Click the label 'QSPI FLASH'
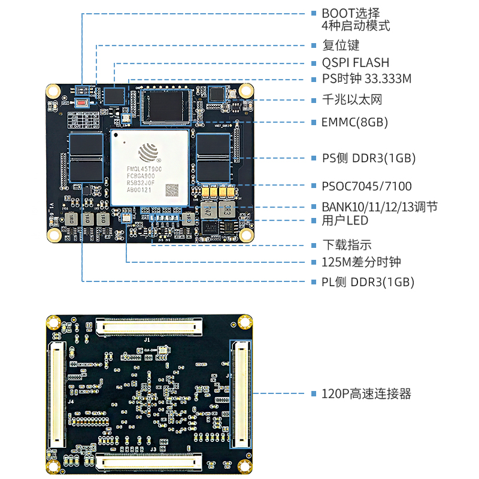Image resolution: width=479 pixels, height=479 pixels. coord(355,62)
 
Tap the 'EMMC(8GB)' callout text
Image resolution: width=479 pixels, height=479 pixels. coord(354,122)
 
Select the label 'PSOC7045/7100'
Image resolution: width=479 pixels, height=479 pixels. coord(366,186)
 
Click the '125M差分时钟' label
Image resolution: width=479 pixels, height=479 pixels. coord(361,262)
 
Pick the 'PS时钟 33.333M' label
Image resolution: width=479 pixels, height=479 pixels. coord(366,79)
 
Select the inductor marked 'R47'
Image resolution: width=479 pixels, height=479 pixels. coord(207,210)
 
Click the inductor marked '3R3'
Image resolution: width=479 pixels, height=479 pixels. coord(227,210)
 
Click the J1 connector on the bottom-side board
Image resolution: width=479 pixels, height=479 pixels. coord(148,326)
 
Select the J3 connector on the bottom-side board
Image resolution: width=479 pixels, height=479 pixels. coord(149,462)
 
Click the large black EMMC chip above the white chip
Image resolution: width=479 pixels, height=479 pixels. coord(165,107)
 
